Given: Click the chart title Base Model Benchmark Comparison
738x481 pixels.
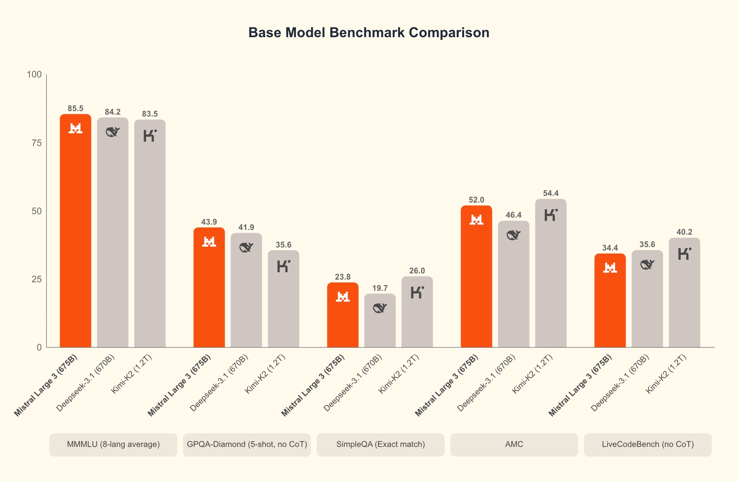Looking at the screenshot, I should [x=368, y=33].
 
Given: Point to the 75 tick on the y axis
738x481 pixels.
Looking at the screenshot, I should [x=36, y=143].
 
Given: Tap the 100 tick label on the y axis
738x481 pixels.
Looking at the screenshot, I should [x=34, y=74].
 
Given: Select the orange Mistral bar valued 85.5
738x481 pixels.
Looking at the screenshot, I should [x=76, y=232].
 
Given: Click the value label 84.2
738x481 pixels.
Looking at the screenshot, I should [x=113, y=112].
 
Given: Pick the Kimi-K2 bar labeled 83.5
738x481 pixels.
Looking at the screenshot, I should [x=150, y=232].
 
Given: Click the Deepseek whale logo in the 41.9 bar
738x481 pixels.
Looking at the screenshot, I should [x=246, y=247].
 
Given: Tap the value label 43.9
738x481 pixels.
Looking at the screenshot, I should [x=209, y=222].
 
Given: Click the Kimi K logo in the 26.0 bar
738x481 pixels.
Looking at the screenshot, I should [x=417, y=292].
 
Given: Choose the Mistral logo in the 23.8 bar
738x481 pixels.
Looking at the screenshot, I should [x=343, y=297].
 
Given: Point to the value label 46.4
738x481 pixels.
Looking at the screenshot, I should [x=514, y=215].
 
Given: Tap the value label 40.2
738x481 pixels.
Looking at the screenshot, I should [x=685, y=232].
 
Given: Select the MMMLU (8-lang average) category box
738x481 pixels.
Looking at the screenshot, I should [x=113, y=445].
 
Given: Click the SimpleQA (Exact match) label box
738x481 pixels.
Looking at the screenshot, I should [x=380, y=445].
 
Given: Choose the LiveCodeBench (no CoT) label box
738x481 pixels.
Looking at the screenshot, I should [x=648, y=445].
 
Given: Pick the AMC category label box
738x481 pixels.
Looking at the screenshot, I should [x=514, y=445].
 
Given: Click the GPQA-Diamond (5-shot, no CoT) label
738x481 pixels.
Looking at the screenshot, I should [x=247, y=445].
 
